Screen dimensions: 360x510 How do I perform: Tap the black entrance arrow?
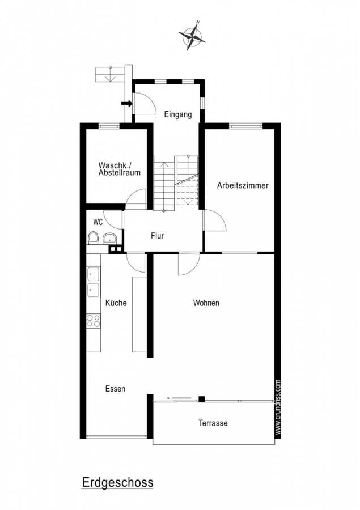[126, 104]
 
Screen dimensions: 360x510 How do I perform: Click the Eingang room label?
[177, 114]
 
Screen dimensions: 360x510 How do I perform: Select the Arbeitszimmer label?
[243, 185]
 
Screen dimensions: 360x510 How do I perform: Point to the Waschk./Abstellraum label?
[120, 169]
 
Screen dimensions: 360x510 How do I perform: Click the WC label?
[98, 222]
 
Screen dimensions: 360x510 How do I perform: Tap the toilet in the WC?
[94, 238]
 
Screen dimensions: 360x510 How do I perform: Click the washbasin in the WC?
[110, 239]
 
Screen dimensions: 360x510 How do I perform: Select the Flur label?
[157, 236]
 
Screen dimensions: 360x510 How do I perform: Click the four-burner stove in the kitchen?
[94, 320]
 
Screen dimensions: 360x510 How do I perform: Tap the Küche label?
[116, 303]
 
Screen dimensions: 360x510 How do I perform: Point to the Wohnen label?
[206, 303]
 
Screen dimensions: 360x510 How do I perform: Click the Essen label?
[115, 389]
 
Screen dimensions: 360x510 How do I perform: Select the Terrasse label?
[213, 423]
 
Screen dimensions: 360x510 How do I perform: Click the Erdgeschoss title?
[117, 482]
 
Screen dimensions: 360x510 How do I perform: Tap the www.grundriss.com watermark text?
[278, 407]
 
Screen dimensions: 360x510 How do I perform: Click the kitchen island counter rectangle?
[139, 314]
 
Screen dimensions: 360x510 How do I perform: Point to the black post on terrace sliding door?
[202, 399]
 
